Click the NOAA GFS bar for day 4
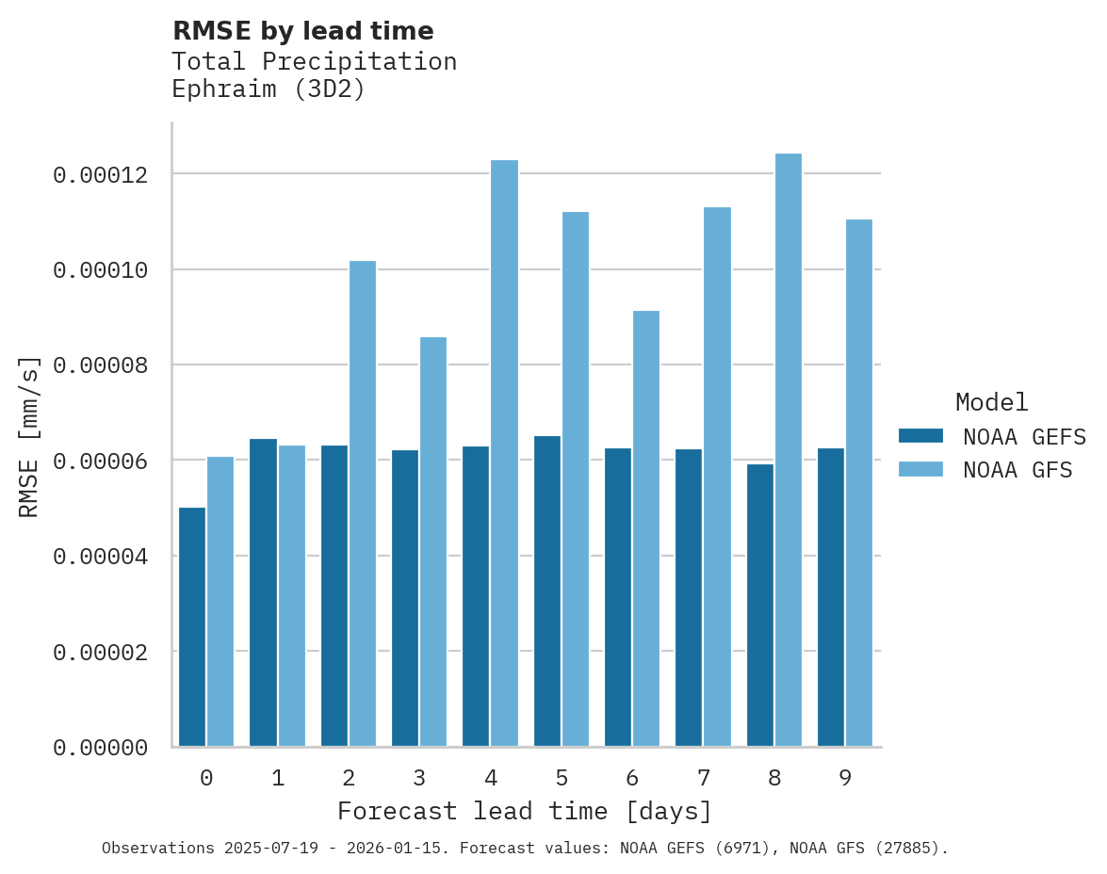pyautogui.click(x=504, y=453)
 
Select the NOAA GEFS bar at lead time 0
pyautogui.click(x=192, y=626)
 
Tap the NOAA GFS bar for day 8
pyautogui.click(x=788, y=449)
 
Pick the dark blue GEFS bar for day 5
pyautogui.click(x=547, y=591)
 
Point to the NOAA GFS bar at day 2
pyautogui.click(x=363, y=503)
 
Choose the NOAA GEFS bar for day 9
pyautogui.click(x=831, y=597)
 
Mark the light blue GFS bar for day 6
pyautogui.click(x=646, y=528)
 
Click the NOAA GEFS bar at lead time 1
pyautogui.click(x=263, y=592)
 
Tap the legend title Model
pyautogui.click(x=991, y=402)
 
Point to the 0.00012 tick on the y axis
pyautogui.click(x=101, y=175)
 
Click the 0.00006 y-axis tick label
pyautogui.click(x=101, y=461)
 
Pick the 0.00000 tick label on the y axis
pyautogui.click(x=101, y=748)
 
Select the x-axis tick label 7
pyautogui.click(x=703, y=778)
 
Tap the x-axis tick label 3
pyautogui.click(x=419, y=778)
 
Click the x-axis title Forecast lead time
pyautogui.click(x=525, y=811)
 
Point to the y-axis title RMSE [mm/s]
pyautogui.click(x=29, y=436)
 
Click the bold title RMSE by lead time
pyautogui.click(x=303, y=31)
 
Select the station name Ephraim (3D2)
pyautogui.click(x=268, y=90)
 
